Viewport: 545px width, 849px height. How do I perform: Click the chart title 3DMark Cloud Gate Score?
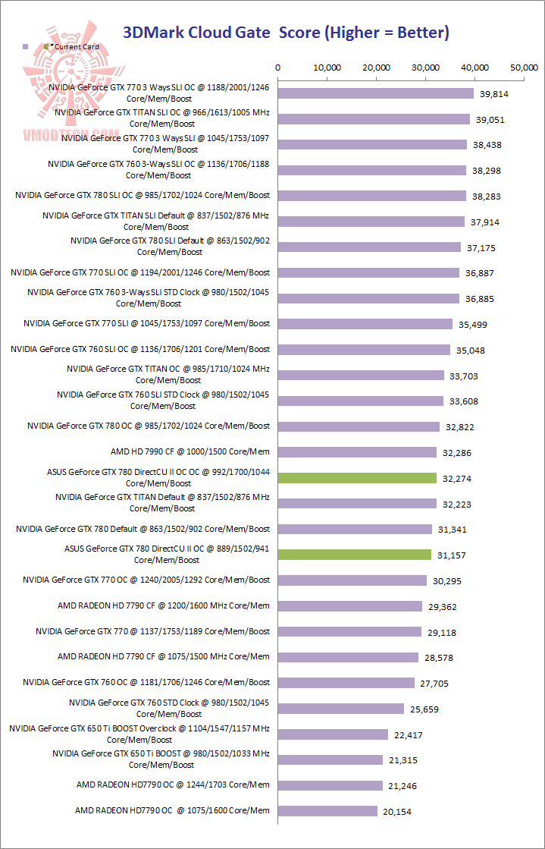coord(287,32)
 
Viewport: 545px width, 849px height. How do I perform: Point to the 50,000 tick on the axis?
coord(524,68)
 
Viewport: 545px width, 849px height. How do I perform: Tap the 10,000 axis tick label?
coord(327,68)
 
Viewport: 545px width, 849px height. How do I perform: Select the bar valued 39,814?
coord(376,93)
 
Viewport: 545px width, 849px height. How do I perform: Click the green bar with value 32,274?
coord(357,478)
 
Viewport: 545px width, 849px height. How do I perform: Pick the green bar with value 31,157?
coord(355,555)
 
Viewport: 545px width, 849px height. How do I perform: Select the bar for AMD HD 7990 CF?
coord(357,452)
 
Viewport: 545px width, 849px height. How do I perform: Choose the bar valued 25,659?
coord(341,709)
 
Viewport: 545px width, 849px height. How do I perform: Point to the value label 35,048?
coord(470,351)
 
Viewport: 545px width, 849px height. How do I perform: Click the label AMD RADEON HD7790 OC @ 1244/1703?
coord(173,785)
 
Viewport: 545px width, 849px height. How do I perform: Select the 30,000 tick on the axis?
coord(425,68)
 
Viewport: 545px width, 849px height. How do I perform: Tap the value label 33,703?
coord(464,376)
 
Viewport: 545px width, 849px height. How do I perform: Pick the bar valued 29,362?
coord(350,606)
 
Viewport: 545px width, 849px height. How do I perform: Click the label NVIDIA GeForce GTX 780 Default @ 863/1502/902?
coord(143,529)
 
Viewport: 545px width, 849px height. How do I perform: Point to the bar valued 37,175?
coord(369,247)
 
